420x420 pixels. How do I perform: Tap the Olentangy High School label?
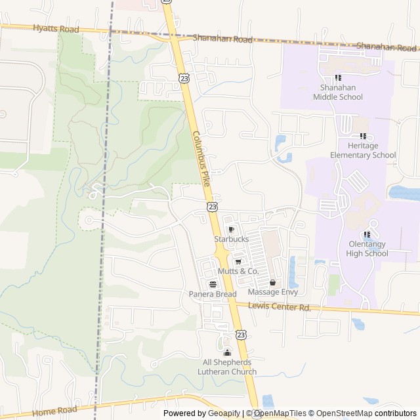367,249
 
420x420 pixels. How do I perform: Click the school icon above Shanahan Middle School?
338,77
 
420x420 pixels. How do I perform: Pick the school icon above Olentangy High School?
367,234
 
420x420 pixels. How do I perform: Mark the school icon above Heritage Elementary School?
363,136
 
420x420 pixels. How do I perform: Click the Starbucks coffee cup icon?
231,229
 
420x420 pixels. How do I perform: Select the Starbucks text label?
231,240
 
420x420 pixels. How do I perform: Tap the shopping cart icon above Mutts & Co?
238,261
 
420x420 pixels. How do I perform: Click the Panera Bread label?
213,295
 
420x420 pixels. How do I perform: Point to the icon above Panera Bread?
213,284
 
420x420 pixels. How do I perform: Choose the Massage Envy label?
273,292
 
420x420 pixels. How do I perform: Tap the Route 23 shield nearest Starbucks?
212,207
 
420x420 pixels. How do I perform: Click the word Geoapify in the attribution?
223,413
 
